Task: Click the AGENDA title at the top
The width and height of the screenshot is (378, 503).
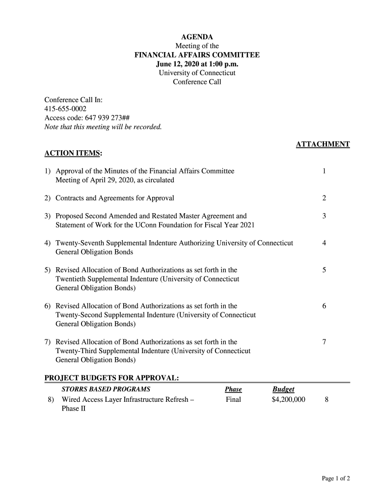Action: [x=197, y=37]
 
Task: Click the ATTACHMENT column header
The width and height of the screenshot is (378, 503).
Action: [x=323, y=144]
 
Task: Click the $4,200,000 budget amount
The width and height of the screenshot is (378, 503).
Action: [x=288, y=399]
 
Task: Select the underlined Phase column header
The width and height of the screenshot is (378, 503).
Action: [x=233, y=389]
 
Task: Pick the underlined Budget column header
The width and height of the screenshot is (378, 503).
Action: [x=283, y=389]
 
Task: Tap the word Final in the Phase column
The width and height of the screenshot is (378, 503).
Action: [x=234, y=399]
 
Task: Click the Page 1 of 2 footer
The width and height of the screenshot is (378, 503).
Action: [x=336, y=478]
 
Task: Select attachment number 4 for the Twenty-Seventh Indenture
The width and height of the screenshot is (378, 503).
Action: [x=324, y=243]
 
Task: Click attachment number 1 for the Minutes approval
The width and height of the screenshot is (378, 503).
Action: [x=324, y=171]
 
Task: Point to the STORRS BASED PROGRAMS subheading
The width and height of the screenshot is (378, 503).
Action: [x=106, y=389]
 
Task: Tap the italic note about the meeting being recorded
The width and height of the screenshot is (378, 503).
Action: [x=103, y=127]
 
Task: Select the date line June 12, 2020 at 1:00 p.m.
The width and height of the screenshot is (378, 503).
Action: [x=197, y=64]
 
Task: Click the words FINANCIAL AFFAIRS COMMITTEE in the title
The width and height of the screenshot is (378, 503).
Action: [x=197, y=55]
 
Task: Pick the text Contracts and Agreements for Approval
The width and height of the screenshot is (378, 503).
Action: [x=115, y=198]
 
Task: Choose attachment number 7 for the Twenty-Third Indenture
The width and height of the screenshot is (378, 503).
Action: [x=324, y=342]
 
